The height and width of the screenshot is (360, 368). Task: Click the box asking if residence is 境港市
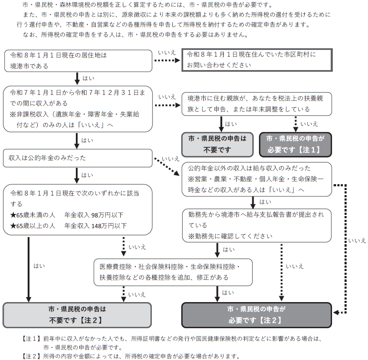tap(78, 60)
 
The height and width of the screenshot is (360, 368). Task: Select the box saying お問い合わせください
tap(257, 60)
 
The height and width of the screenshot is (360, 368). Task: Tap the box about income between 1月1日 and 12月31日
tap(78, 108)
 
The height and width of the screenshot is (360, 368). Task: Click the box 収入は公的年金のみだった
tap(78, 158)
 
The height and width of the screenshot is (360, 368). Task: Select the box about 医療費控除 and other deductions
tap(173, 272)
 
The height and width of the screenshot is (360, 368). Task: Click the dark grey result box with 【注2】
tap(257, 315)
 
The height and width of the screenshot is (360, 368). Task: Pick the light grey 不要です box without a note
tap(218, 144)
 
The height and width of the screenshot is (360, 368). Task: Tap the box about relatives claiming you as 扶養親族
tap(257, 103)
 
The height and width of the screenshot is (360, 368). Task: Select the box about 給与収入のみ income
tap(257, 179)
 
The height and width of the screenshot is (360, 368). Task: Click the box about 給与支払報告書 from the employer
tap(257, 225)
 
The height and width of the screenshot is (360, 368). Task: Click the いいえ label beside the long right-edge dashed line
tap(357, 241)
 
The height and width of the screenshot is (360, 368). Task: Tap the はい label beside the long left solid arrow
tap(39, 266)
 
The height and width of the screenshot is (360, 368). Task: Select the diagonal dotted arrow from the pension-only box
tap(167, 165)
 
